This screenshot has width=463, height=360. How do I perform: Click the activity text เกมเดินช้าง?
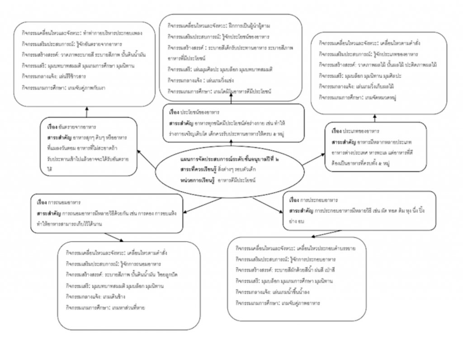[115, 296]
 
